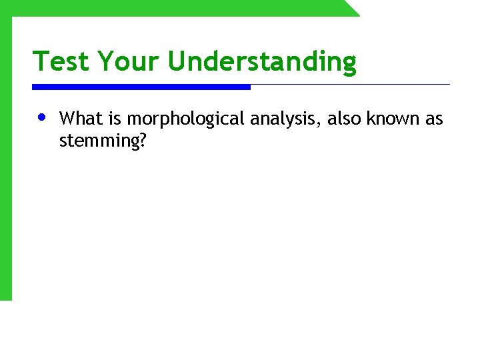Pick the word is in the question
click(114, 119)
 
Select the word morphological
click(187, 120)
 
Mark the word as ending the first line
click(434, 119)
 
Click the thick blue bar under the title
click(141, 87)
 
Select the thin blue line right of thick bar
click(350, 85)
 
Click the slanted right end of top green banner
click(351, 8)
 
